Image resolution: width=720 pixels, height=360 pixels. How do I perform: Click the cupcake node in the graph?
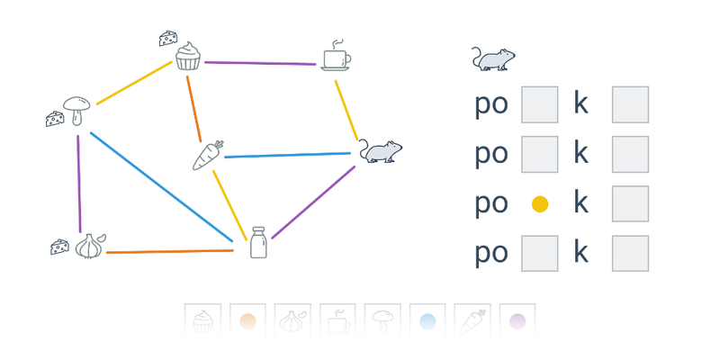coord(188,57)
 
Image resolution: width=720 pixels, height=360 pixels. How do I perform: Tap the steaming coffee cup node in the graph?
coord(337,57)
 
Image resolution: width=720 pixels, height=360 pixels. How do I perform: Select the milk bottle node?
coord(258,243)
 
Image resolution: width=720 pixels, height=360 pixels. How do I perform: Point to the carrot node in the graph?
coord(208,156)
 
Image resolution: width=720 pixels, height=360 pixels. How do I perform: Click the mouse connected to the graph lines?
coord(381,151)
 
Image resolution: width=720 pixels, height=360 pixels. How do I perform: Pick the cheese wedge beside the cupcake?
coord(167,38)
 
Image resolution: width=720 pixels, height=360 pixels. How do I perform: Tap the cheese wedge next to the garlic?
coord(59,246)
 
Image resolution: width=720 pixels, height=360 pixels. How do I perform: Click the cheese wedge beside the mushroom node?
coord(55,118)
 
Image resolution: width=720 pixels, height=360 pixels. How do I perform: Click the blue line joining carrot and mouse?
coord(288,156)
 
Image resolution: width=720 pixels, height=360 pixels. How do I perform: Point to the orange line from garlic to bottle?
coord(171,251)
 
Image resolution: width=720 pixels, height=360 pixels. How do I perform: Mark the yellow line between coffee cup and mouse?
coord(346,110)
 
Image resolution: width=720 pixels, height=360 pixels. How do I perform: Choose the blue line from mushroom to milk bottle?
coord(162,187)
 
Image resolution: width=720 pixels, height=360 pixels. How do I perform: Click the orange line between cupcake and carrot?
coord(193,108)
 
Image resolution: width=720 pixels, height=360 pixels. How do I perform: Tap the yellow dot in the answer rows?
coord(540,204)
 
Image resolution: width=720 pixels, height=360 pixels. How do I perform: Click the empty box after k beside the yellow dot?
coord(630,204)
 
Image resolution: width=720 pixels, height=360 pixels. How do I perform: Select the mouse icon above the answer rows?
coord(493,58)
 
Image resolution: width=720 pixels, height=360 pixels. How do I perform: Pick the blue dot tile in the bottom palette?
coord(427,320)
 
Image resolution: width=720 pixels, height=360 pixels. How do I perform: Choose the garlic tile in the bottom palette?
coord(292,320)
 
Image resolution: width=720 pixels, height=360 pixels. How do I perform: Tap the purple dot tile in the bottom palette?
coord(517,320)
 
